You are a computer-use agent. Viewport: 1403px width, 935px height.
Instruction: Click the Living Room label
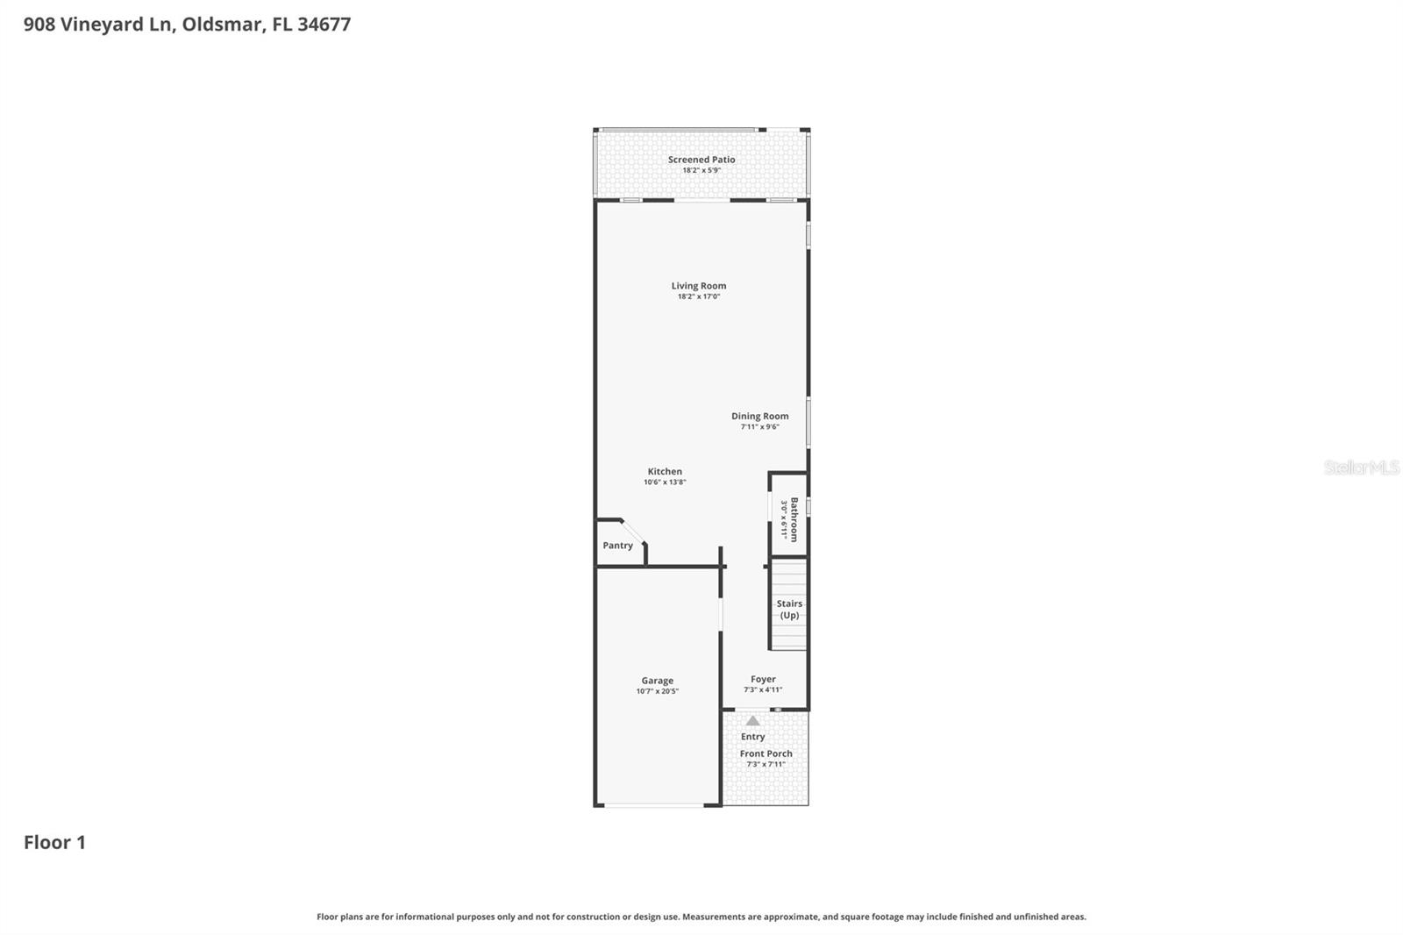[699, 286]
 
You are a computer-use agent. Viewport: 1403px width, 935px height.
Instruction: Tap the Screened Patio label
[701, 160]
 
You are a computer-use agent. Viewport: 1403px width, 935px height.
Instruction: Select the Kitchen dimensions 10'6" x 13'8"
[665, 482]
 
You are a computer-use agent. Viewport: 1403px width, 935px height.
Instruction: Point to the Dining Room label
[760, 417]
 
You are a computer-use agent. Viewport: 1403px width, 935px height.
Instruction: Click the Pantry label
[617, 546]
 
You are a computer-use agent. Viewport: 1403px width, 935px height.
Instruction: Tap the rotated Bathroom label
[794, 519]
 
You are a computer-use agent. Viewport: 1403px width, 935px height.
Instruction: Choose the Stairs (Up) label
[789, 609]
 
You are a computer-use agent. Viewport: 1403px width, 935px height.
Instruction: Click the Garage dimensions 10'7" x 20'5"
[658, 691]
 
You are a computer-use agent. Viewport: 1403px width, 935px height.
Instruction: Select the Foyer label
[763, 679]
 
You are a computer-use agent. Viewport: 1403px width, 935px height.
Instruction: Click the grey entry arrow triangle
[752, 721]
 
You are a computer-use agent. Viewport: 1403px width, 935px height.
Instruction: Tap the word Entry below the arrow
[752, 737]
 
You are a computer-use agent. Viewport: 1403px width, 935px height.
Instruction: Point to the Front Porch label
[766, 753]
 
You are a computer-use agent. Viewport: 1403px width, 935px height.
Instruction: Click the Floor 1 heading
[54, 842]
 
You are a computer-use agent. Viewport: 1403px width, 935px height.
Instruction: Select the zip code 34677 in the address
[324, 25]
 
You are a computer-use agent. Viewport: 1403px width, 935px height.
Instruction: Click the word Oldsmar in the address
[221, 25]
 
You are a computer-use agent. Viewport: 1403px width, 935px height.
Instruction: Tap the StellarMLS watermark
[1361, 467]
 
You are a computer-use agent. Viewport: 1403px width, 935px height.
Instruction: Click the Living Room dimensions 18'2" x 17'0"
[699, 296]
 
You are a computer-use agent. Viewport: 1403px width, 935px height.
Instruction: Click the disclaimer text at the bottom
[701, 917]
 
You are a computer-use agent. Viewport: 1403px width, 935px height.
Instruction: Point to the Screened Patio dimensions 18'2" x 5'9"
[701, 170]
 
